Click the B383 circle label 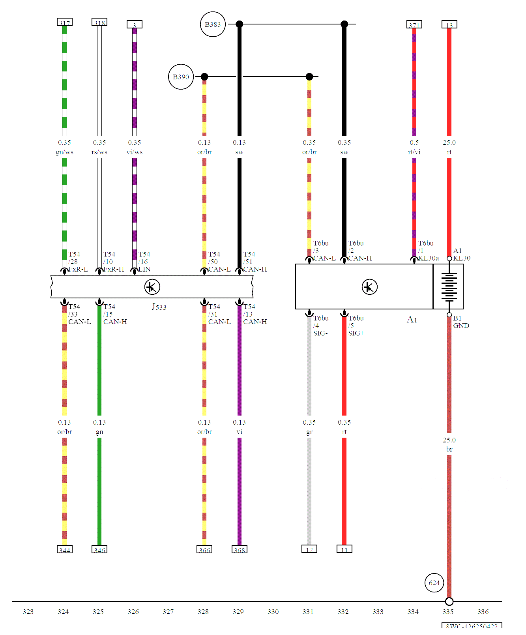(213, 24)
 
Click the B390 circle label (181, 77)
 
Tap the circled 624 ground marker (434, 583)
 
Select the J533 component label (159, 307)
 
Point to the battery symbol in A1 (449, 286)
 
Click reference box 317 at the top (65, 22)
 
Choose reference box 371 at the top (414, 25)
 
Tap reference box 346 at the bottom (99, 550)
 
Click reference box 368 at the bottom (239, 550)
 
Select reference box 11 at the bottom (344, 549)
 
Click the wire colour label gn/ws (64, 152)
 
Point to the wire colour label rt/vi (414, 152)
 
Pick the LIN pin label (144, 269)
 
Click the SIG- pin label (320, 333)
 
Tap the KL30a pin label (429, 258)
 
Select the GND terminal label (461, 326)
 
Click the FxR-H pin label (114, 269)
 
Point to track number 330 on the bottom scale (273, 612)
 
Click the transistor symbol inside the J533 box (152, 287)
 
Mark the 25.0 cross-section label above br (449, 440)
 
